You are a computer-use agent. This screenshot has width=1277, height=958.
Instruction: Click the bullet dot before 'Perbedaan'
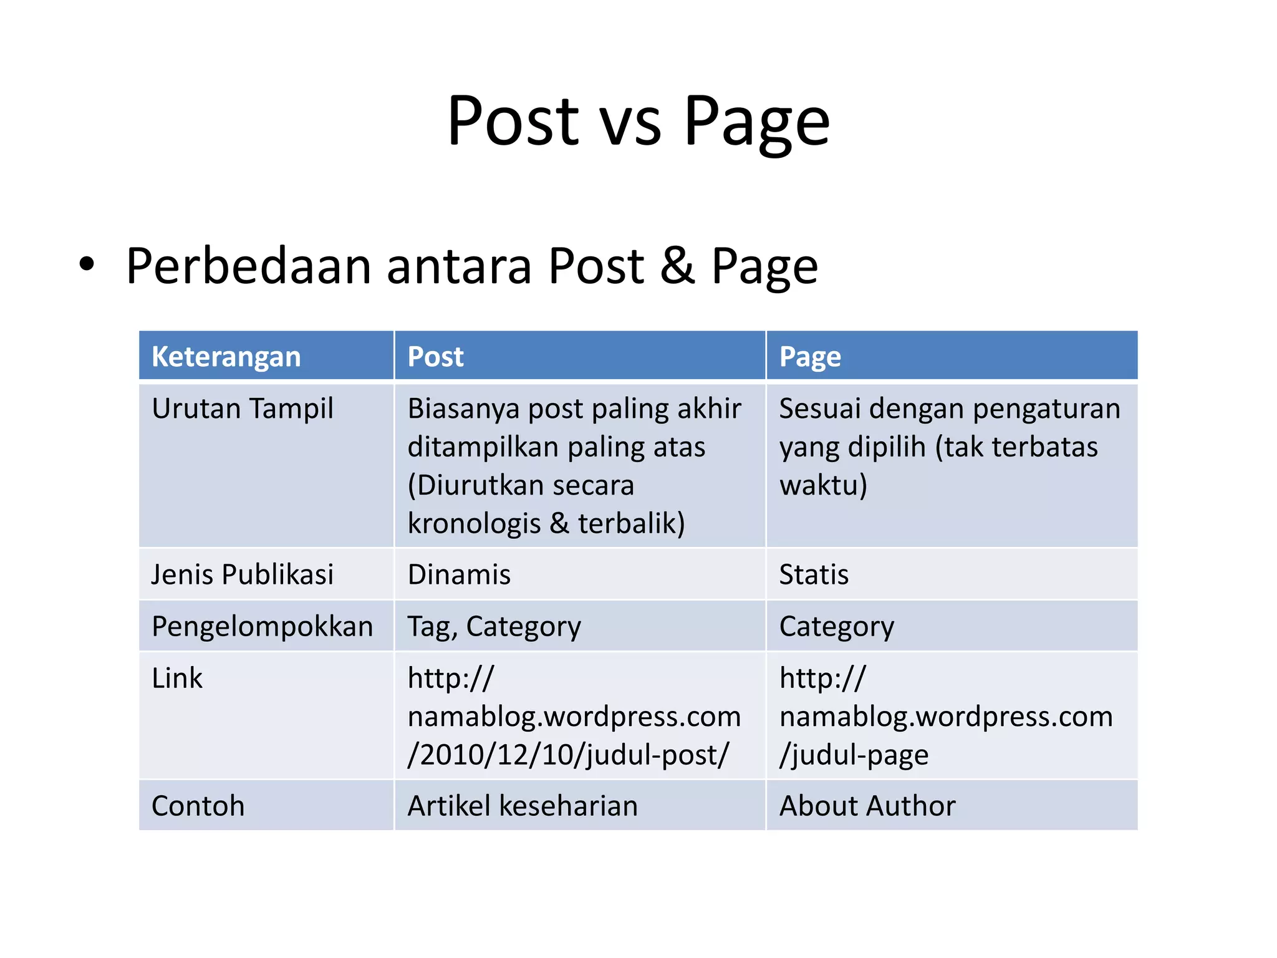coord(87,264)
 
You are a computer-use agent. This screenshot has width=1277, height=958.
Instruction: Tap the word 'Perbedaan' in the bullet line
coord(248,266)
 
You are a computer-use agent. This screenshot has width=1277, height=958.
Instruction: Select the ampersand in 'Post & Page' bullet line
coord(677,266)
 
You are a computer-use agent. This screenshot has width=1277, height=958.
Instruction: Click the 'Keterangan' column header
coord(226,357)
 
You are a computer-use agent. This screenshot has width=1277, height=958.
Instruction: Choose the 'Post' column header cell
coord(435,357)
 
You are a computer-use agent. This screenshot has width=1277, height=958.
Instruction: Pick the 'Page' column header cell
coord(810,357)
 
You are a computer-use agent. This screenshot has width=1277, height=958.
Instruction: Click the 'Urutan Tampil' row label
coord(243,409)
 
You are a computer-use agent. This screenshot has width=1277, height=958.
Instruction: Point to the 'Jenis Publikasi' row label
coord(243,574)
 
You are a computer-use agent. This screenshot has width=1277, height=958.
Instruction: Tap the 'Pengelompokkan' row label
coord(262,626)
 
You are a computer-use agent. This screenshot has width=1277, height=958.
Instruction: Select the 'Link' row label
coord(177,678)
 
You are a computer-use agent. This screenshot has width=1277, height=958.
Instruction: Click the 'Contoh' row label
coord(198,806)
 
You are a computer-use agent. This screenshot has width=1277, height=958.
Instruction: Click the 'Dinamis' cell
coord(459,574)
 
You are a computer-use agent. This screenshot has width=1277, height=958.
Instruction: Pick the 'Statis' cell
coord(814,574)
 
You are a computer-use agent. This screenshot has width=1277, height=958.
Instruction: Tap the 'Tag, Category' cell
coord(494,626)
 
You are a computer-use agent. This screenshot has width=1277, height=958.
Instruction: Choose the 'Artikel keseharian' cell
coord(523,806)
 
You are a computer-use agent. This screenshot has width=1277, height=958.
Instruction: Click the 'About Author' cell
coord(867,806)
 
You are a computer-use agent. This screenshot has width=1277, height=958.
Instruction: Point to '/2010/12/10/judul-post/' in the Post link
coord(567,755)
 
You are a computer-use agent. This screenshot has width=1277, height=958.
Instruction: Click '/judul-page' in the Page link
coord(854,755)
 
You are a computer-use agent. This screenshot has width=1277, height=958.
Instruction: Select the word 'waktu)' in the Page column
coord(823,485)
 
